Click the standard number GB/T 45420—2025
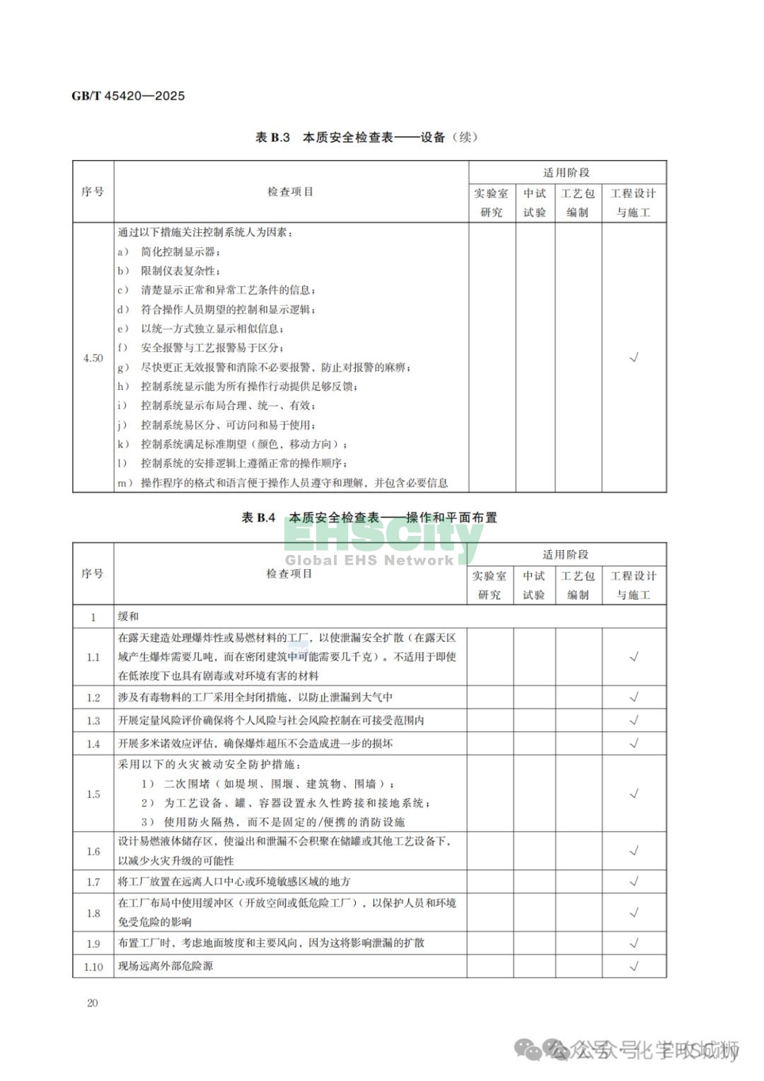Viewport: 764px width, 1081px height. (128, 96)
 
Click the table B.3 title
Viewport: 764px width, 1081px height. (366, 137)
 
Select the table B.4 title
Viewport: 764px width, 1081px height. (369, 517)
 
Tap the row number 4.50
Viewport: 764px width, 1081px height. (93, 358)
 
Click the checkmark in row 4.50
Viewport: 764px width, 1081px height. (634, 358)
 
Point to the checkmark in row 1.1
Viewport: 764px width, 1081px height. (634, 657)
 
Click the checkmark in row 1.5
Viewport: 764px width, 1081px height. (634, 794)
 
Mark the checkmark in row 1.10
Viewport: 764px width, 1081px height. (634, 966)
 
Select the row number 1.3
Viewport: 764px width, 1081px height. (93, 721)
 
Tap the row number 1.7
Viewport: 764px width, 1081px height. (93, 882)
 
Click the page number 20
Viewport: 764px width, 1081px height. (92, 1002)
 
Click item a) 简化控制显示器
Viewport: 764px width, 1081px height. (170, 252)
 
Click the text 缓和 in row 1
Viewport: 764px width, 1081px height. (129, 617)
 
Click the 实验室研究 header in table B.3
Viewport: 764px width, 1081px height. (491, 202)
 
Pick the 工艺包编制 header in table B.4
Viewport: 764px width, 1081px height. (578, 585)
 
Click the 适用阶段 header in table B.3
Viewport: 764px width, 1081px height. (567, 173)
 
